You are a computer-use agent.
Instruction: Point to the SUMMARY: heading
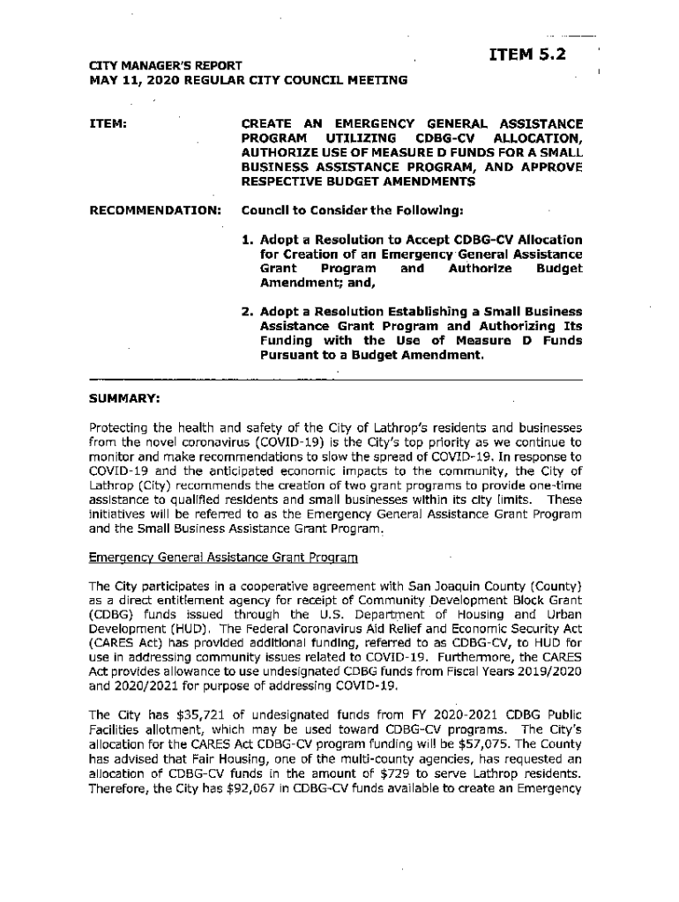pyautogui.click(x=123, y=398)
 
